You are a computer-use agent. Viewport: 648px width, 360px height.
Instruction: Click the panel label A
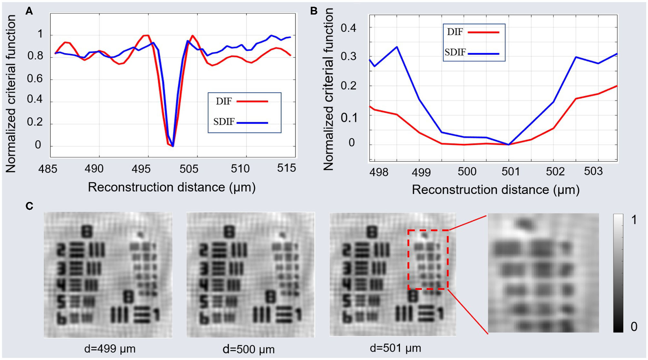[29, 11]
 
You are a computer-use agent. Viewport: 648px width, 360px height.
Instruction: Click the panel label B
[314, 11]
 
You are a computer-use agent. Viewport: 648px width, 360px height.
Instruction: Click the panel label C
[29, 206]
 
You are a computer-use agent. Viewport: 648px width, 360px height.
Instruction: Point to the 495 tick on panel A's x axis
[141, 169]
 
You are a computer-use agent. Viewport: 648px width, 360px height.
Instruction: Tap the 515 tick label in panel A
[286, 168]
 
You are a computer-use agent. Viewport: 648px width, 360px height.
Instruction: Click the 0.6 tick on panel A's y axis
[35, 78]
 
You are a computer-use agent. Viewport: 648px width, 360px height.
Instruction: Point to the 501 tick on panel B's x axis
[511, 172]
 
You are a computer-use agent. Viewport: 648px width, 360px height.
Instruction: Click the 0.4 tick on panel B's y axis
[348, 28]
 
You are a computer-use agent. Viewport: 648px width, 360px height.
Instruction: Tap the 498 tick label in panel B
[379, 173]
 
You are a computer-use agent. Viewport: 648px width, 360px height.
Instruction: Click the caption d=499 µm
[110, 349]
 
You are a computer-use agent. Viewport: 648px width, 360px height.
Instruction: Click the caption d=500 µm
[248, 349]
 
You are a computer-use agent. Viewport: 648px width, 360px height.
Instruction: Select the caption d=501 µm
[395, 348]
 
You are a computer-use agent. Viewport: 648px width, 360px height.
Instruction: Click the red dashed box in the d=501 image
[428, 230]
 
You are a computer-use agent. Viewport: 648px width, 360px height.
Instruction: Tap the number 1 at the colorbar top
[634, 220]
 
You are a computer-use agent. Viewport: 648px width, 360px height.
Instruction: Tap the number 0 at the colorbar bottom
[634, 327]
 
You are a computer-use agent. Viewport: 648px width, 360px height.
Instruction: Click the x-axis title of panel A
[171, 187]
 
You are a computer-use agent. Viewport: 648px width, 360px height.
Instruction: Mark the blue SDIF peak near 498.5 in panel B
[397, 47]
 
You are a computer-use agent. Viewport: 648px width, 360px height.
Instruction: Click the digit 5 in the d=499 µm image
[61, 302]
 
